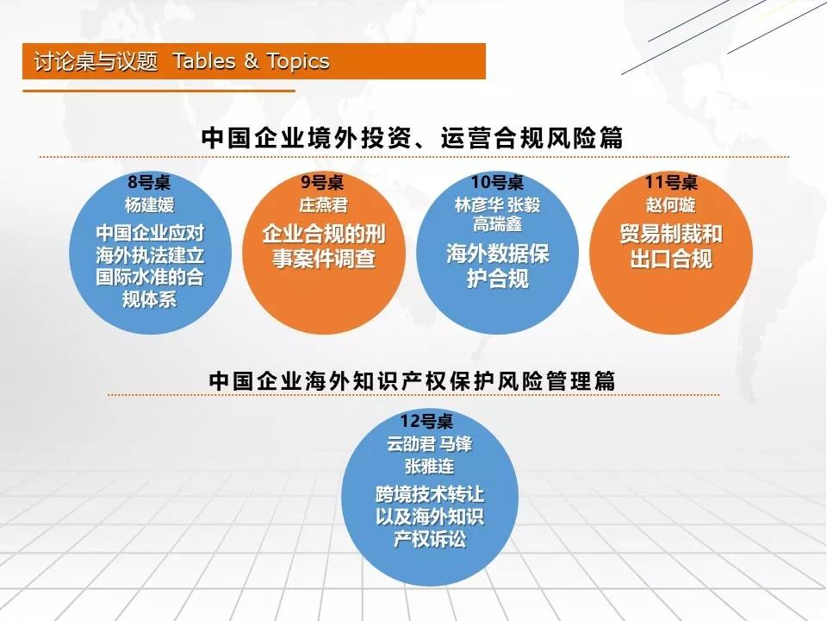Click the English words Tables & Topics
(x=251, y=61)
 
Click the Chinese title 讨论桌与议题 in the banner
(x=96, y=61)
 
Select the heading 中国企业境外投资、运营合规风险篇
(x=413, y=138)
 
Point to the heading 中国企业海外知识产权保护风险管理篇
(x=413, y=380)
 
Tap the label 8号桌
(x=149, y=182)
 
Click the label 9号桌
(x=322, y=182)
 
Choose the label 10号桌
(x=497, y=182)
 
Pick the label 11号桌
(x=671, y=182)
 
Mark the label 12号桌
(x=426, y=421)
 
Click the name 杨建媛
(x=149, y=205)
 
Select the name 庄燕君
(x=323, y=205)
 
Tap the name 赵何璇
(x=671, y=205)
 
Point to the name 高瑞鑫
(x=497, y=224)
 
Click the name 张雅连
(x=429, y=467)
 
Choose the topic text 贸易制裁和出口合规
(x=671, y=246)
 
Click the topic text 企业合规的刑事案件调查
(x=324, y=246)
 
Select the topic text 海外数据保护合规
(x=497, y=267)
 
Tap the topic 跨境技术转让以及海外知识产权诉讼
(x=429, y=517)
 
